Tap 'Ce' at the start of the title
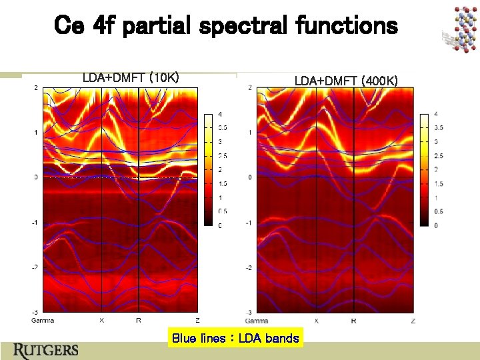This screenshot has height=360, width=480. point(69,26)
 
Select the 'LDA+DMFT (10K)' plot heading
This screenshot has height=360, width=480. point(130,78)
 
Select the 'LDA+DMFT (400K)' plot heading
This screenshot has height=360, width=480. point(346,81)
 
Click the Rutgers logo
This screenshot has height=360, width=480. point(45,350)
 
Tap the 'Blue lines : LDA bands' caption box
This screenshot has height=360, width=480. point(235,338)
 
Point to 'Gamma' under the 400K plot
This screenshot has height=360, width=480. point(257,321)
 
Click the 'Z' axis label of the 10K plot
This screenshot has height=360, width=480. point(197,320)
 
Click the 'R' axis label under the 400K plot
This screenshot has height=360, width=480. point(353,321)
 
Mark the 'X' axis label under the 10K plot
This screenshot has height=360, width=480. point(101,320)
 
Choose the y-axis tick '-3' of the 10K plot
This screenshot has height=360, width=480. point(35,312)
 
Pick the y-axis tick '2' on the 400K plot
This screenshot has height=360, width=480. point(249,87)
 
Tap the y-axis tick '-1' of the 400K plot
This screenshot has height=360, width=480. point(248,223)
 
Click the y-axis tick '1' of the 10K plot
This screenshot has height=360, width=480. point(35,133)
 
